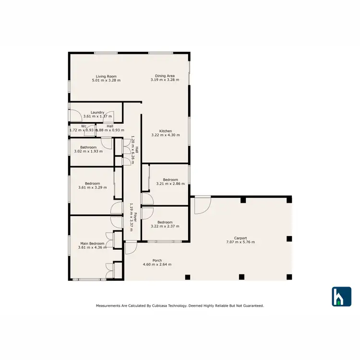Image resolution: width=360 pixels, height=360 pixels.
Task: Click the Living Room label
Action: pyautogui.click(x=106, y=76)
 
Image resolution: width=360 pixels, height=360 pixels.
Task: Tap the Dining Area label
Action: pyautogui.click(x=165, y=75)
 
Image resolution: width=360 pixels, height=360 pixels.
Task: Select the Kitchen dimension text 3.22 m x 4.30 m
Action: pyautogui.click(x=166, y=135)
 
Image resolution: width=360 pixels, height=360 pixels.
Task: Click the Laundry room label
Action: pyautogui.click(x=97, y=112)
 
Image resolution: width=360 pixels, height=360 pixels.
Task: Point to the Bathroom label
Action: pyautogui.click(x=88, y=147)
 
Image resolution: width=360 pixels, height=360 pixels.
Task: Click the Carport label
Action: pyautogui.click(x=240, y=238)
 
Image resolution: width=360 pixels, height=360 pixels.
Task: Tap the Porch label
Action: pyautogui.click(x=157, y=261)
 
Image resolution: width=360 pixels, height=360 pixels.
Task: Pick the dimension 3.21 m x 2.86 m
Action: pyautogui.click(x=167, y=184)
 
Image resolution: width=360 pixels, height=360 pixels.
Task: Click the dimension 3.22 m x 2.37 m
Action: pyautogui.click(x=165, y=226)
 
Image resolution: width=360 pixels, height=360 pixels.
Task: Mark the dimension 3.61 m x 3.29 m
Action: pyautogui.click(x=92, y=187)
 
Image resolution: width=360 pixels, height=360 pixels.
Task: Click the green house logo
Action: pyautogui.click(x=342, y=297)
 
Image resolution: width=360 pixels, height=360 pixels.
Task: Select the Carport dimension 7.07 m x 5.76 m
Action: pyautogui.click(x=240, y=242)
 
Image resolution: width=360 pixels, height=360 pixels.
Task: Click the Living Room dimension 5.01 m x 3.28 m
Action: pyautogui.click(x=106, y=80)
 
